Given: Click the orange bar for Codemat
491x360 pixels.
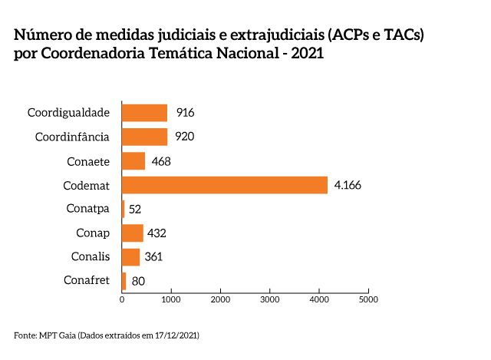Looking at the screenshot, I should click(225, 185).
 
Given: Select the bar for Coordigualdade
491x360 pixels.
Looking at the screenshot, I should click(145, 113).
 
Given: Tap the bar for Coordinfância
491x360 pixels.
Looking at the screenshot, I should click(145, 137).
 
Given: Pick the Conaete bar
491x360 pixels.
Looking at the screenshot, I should click(133, 161).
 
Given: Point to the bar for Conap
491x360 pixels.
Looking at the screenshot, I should click(133, 233).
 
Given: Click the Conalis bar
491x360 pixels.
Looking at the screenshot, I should click(131, 256).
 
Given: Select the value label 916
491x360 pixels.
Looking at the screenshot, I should click(185, 113).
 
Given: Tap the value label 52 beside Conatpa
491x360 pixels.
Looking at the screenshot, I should click(136, 209).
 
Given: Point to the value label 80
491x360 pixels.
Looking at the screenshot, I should click(138, 281).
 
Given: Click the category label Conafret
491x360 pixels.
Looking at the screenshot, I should click(87, 280).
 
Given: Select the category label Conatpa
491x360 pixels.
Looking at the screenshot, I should click(89, 209).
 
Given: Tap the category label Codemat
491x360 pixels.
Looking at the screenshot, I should click(87, 185).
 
